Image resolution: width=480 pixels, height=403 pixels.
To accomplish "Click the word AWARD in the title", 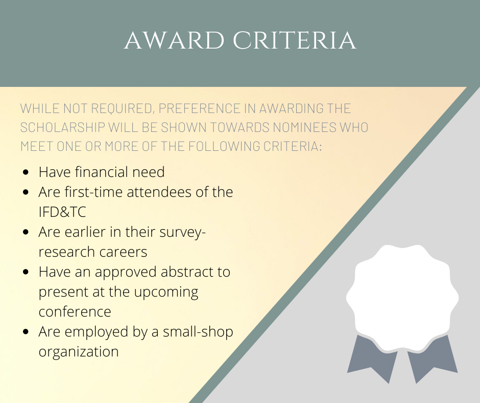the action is (x=174, y=40).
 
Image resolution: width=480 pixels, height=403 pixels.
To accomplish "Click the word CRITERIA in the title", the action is (x=295, y=40).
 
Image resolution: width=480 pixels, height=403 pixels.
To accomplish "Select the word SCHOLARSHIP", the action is (x=62, y=127).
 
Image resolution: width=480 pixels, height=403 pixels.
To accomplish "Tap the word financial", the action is (x=102, y=172).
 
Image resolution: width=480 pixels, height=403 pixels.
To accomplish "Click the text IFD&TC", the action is (x=62, y=212).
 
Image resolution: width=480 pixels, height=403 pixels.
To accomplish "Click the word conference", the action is (x=75, y=312).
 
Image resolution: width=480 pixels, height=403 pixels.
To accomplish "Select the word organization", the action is (x=79, y=352).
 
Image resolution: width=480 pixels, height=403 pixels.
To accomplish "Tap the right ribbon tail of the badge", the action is (x=431, y=360).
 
